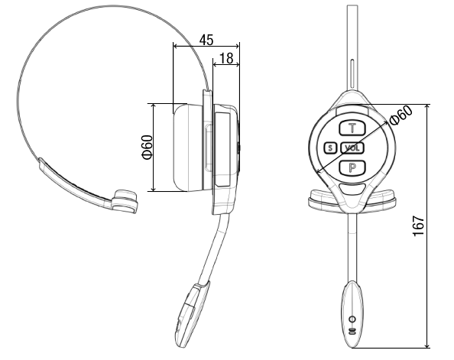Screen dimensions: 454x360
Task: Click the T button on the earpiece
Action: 352,128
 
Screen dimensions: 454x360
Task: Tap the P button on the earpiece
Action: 352,167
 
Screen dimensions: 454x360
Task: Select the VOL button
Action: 352,148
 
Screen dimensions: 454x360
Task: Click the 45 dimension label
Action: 206,40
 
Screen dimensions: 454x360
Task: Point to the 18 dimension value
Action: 226,58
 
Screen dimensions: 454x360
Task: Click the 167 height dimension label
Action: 419,225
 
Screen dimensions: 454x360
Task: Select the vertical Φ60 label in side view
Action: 147,148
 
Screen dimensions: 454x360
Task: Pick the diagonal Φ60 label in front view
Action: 401,115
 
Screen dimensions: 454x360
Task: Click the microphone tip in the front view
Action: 352,314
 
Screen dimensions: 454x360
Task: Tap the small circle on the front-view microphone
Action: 352,319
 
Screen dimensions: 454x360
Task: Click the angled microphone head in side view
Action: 192,314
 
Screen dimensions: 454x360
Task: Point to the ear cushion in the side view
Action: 188,148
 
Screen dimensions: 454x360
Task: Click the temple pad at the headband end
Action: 125,201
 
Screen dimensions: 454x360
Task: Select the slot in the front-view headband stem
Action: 352,74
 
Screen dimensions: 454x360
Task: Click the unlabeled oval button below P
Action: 352,189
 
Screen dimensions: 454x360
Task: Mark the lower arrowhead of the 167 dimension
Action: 426,345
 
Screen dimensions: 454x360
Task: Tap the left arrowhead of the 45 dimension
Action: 176,46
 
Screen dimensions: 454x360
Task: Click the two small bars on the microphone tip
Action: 352,332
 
